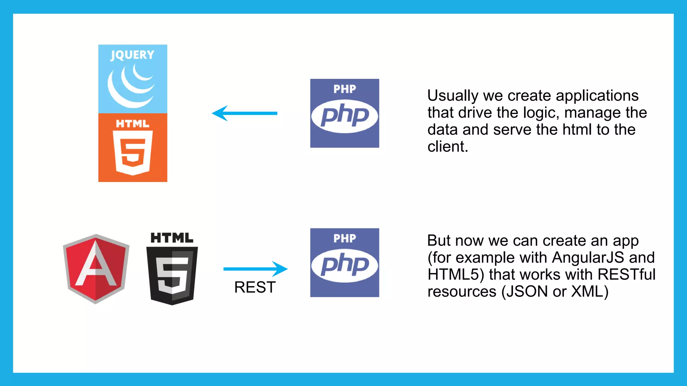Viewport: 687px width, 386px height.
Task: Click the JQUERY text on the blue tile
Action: pyautogui.click(x=133, y=55)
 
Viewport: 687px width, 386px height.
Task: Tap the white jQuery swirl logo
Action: pyautogui.click(x=131, y=86)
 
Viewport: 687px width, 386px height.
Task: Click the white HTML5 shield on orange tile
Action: pyautogui.click(x=133, y=152)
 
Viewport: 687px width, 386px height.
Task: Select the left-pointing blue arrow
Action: pyautogui.click(x=245, y=113)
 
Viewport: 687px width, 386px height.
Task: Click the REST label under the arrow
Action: pyautogui.click(x=255, y=287)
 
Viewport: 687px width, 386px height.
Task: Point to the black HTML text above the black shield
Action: pyautogui.click(x=172, y=238)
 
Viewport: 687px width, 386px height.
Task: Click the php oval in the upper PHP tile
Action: pyautogui.click(x=345, y=116)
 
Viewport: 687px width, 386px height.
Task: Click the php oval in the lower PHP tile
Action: pyautogui.click(x=345, y=265)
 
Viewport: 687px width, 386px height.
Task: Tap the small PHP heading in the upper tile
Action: pyautogui.click(x=345, y=89)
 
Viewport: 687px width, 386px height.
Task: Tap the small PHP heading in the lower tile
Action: pyautogui.click(x=345, y=239)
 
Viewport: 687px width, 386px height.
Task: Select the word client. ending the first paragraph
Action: pyautogui.click(x=447, y=147)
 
